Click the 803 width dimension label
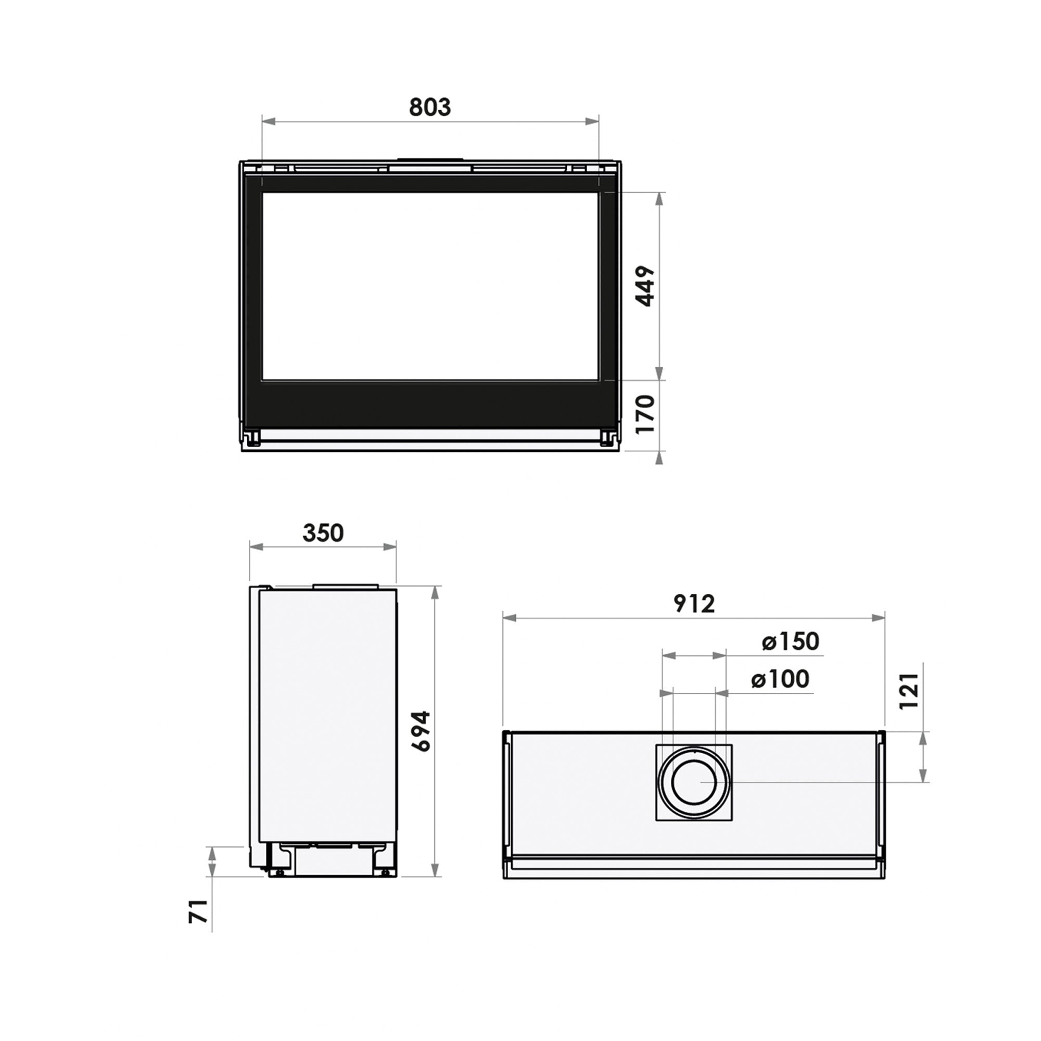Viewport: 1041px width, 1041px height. [429, 107]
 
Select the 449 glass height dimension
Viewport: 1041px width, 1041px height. [645, 286]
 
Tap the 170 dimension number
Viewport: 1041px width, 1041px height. [645, 414]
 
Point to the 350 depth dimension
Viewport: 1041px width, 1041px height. [323, 534]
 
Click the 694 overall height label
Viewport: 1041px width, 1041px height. [421, 731]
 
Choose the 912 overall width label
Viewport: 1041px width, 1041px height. [694, 604]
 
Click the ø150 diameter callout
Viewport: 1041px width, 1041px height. [791, 642]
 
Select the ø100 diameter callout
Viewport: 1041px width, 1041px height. [780, 679]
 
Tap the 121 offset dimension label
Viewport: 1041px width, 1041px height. [909, 691]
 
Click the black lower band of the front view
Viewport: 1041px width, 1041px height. [429, 404]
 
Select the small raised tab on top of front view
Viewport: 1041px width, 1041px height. [429, 159]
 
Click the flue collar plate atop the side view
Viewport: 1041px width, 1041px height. [346, 586]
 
